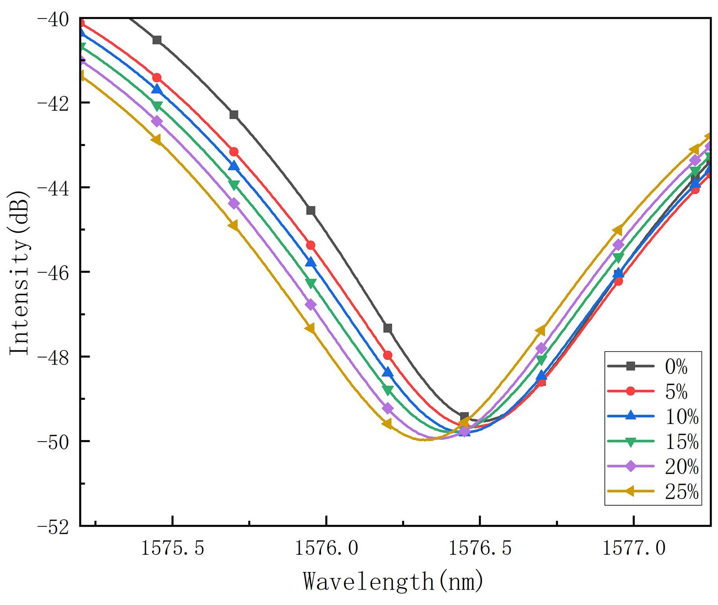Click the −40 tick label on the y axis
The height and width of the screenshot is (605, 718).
(53, 19)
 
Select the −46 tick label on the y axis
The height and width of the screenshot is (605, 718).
(53, 272)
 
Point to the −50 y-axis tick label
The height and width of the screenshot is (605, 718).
(53, 442)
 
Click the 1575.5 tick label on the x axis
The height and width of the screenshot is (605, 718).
(173, 548)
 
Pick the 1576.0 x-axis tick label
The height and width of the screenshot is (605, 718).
(327, 548)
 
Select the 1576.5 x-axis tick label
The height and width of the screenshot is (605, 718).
(480, 548)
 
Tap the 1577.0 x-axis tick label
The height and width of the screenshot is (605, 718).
(634, 548)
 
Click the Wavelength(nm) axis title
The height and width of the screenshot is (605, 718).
(393, 581)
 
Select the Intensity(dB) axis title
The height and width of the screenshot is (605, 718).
(20, 273)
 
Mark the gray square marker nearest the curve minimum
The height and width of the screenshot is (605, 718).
(464, 417)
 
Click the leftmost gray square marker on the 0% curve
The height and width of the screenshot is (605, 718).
(157, 40)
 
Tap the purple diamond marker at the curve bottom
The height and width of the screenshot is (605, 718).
(465, 432)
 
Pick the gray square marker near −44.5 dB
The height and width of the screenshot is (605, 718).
(311, 211)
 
